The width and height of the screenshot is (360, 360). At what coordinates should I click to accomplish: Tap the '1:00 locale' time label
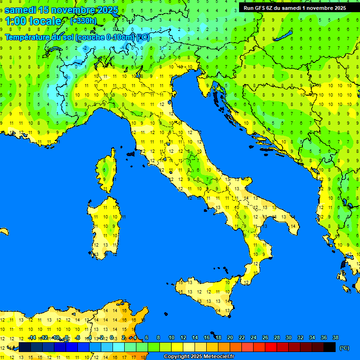[33, 21]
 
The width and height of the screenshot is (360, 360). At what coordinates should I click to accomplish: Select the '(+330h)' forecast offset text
[83, 21]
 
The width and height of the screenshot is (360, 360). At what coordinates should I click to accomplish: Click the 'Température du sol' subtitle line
[77, 37]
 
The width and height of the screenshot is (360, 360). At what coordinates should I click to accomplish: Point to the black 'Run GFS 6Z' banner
[294, 7]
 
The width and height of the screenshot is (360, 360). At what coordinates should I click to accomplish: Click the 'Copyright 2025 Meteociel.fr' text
[199, 356]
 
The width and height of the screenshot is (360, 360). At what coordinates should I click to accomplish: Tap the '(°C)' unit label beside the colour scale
[344, 348]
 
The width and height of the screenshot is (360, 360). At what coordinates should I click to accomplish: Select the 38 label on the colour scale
[335, 337]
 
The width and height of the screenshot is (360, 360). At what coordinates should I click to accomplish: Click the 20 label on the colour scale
[230, 337]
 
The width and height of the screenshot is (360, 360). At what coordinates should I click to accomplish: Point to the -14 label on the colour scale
[32, 337]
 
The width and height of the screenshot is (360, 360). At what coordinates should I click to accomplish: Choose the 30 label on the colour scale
[288, 337]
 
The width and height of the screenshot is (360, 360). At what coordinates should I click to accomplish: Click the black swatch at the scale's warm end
[330, 347]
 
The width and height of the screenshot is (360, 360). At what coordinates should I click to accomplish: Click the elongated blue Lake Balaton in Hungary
[282, 36]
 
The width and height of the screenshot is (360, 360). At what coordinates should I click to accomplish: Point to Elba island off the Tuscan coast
[130, 153]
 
